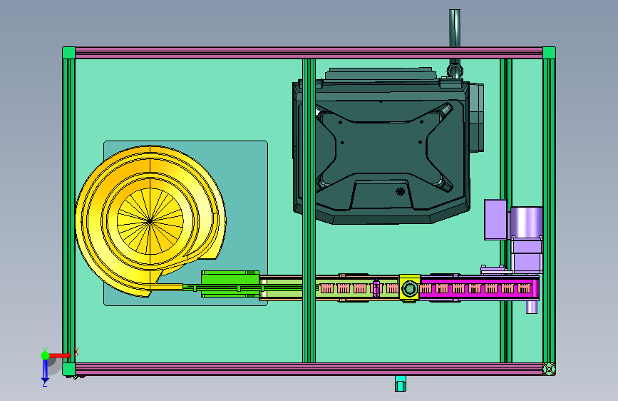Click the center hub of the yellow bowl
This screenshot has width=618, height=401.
150,221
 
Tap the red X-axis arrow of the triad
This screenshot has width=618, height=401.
60,355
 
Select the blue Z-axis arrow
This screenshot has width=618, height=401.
46,370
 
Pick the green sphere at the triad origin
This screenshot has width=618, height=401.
46,355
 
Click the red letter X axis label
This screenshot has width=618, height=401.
76,352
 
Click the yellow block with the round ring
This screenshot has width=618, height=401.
409,288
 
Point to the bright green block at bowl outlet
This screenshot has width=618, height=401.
230,284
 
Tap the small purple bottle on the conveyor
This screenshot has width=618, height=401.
376,288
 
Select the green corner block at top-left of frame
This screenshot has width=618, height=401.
68,53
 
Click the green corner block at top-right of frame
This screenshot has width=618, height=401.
549,53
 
